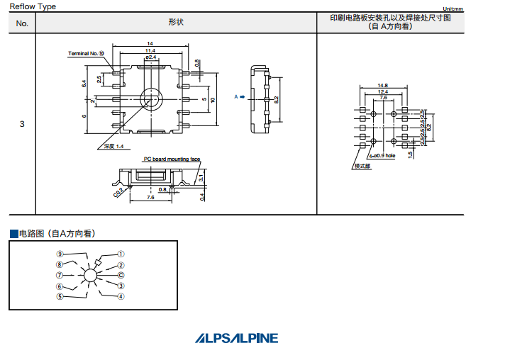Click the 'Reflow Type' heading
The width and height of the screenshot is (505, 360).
(33, 6)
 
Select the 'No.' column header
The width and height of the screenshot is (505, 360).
(22, 23)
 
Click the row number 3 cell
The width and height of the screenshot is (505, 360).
(22, 124)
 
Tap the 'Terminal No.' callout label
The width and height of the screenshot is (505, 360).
(86, 53)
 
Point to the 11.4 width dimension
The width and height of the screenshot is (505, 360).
(150, 51)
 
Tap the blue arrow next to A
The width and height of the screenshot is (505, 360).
(242, 97)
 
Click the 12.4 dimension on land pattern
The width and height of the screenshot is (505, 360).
(383, 91)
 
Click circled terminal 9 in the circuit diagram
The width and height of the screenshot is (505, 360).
(60, 254)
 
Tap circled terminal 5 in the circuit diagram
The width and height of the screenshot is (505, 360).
(60, 296)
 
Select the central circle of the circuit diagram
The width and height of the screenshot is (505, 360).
(90, 275)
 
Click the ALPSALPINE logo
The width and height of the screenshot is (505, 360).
(237, 339)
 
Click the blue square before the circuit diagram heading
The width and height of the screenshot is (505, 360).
(13, 233)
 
